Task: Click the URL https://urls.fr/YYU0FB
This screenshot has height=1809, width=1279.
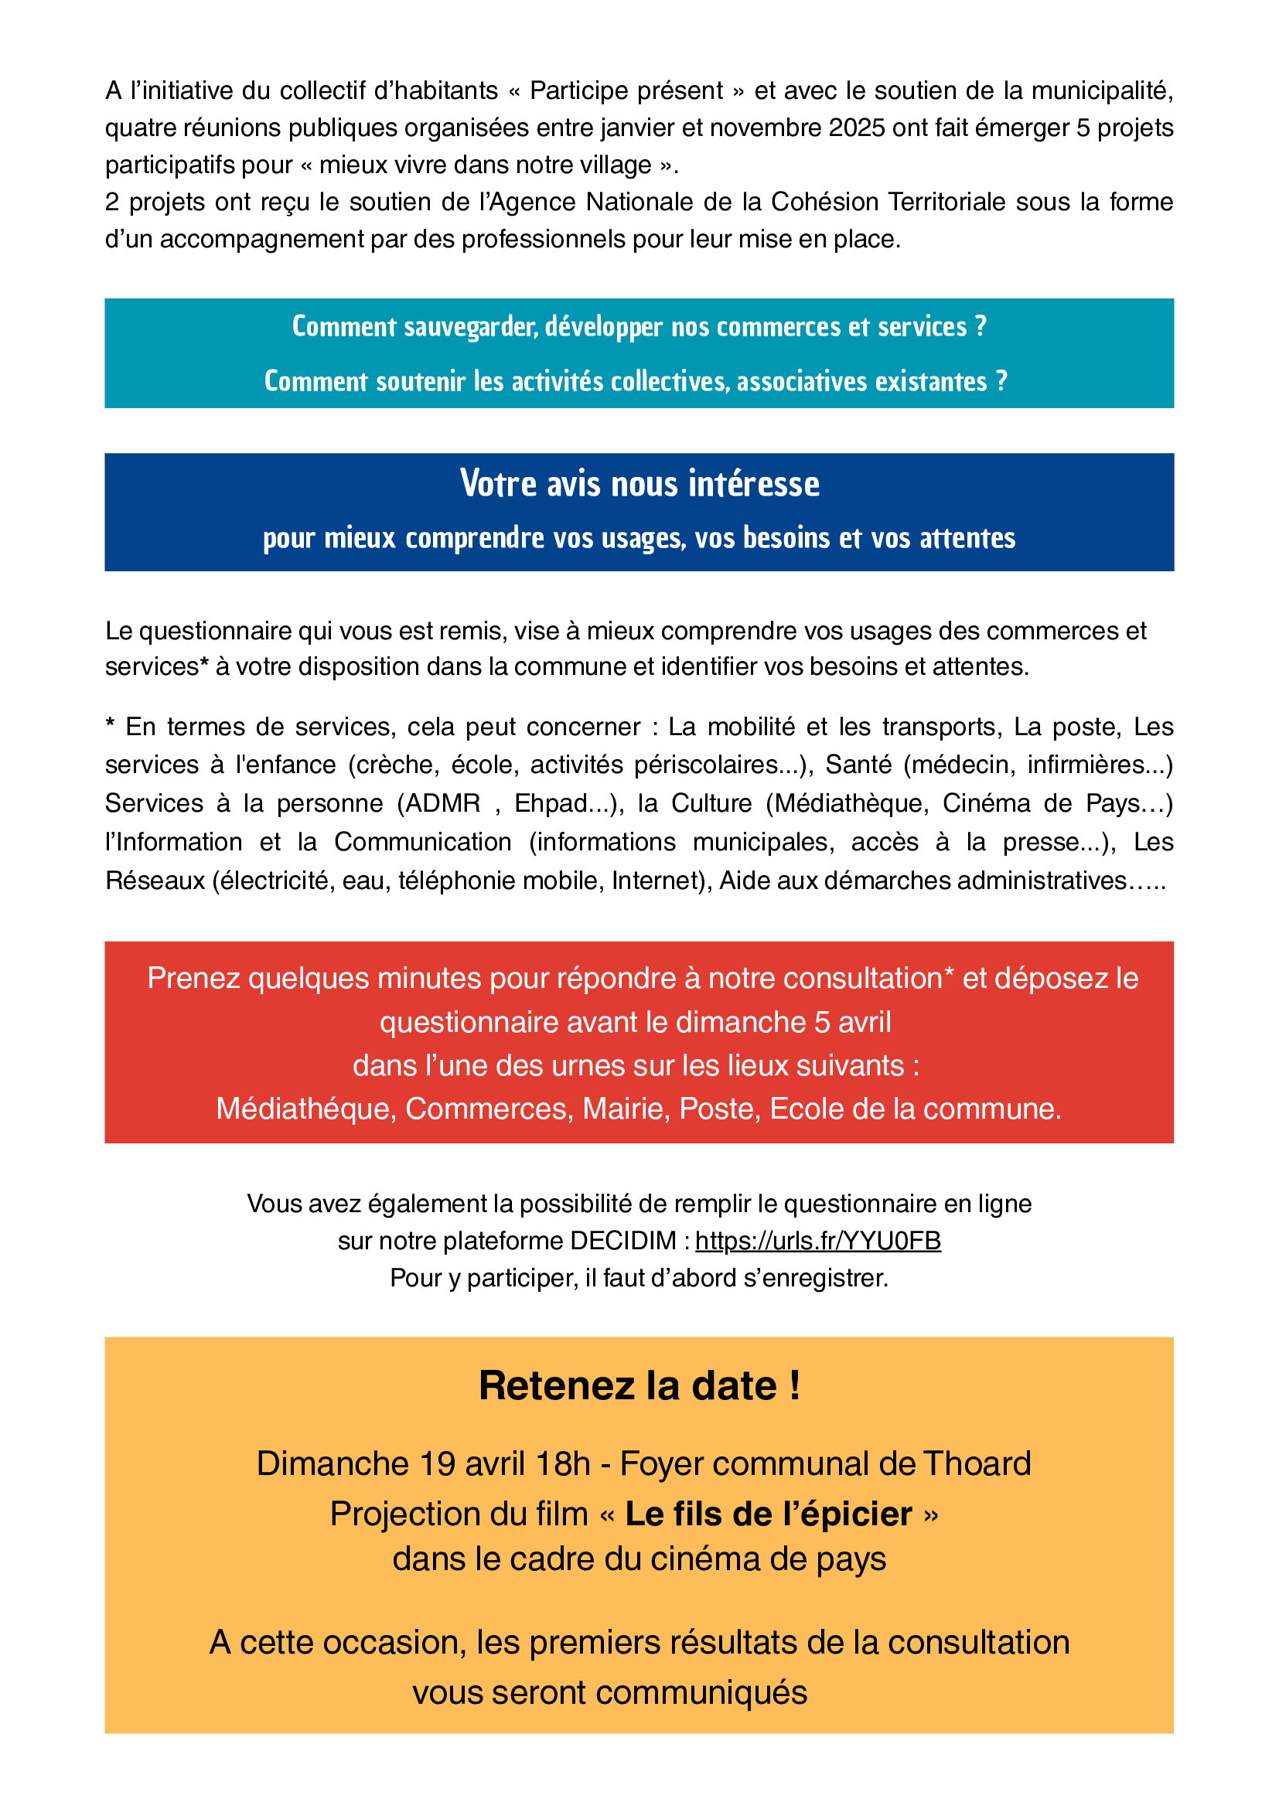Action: [x=817, y=1241]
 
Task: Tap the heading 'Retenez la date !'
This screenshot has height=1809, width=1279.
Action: [x=639, y=1385]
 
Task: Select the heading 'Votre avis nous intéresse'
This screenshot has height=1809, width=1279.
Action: [x=639, y=484]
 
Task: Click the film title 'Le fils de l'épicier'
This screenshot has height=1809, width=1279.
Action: [x=769, y=1514]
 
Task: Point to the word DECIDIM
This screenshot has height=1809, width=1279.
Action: [x=623, y=1241]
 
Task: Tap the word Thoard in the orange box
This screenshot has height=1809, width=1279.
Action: [x=977, y=1463]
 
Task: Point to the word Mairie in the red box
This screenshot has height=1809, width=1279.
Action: [x=626, y=1109]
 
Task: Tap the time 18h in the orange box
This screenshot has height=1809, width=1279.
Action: [x=563, y=1463]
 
